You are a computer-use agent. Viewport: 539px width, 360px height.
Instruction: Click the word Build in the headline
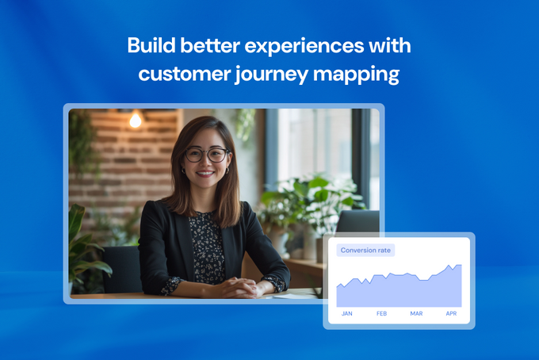click(x=151, y=45)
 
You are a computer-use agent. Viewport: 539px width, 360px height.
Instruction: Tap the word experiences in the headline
click(x=304, y=47)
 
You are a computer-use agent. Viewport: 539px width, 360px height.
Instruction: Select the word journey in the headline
click(x=271, y=75)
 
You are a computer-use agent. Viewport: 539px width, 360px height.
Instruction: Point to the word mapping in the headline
click(x=357, y=75)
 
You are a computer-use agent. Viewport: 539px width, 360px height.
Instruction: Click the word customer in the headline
click(x=185, y=74)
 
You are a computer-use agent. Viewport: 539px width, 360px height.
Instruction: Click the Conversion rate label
click(x=365, y=251)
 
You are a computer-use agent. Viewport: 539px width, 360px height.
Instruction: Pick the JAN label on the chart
click(x=347, y=313)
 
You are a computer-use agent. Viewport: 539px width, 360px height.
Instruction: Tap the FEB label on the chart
click(x=381, y=313)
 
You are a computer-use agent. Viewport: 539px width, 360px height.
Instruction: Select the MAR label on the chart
click(x=416, y=313)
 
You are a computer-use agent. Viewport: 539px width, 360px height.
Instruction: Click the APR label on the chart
click(x=451, y=313)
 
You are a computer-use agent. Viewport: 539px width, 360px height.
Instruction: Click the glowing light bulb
click(x=135, y=120)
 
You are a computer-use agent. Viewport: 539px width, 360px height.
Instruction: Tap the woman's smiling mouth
click(x=205, y=174)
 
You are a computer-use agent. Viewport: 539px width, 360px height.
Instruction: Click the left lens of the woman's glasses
click(x=194, y=155)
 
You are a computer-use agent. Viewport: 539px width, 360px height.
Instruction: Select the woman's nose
click(x=205, y=163)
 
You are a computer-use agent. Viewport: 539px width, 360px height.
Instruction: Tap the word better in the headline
click(x=210, y=45)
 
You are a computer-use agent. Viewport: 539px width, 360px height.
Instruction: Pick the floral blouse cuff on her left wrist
click(x=276, y=283)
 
